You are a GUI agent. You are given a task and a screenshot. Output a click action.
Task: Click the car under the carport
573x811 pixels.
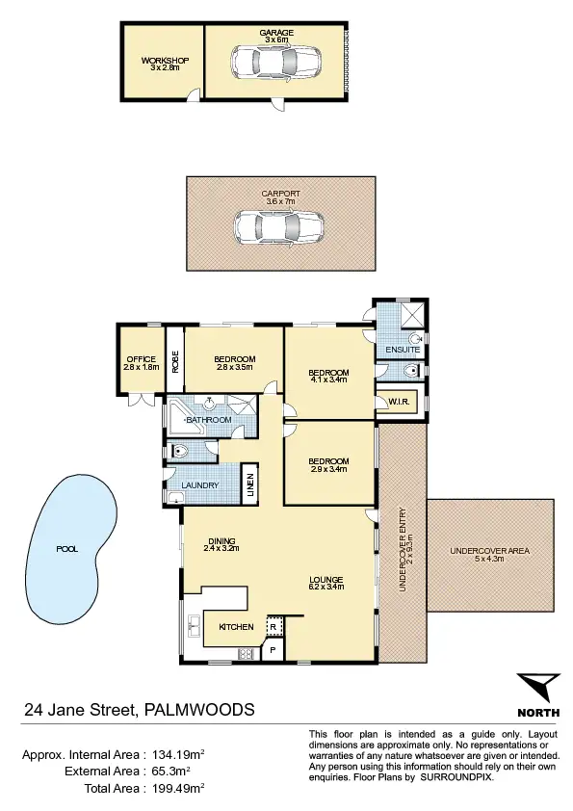pos(276,228)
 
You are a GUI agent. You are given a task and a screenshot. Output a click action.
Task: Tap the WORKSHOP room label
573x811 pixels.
pos(165,61)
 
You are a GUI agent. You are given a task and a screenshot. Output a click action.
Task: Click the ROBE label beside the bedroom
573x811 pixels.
pos(175,360)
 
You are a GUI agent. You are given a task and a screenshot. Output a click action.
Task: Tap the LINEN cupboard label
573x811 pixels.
pos(249,484)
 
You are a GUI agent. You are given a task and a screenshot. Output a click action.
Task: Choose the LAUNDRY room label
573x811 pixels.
pos(200,484)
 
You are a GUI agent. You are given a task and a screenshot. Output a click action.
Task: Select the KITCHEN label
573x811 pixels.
pos(237,627)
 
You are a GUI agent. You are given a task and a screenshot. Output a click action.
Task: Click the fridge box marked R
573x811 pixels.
pos(273,628)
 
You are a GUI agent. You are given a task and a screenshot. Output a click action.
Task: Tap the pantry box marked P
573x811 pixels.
pos(273,651)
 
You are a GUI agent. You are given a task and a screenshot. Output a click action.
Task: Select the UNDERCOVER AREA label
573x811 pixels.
pos(490,551)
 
